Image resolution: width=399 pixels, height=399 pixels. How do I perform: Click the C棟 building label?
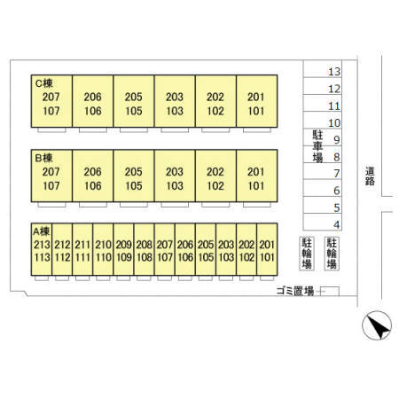tap(44, 83)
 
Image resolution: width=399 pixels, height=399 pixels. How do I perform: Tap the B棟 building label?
tap(44, 158)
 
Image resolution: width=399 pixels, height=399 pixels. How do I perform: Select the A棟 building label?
tap(42, 231)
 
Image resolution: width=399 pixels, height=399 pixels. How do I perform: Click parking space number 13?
tap(334, 72)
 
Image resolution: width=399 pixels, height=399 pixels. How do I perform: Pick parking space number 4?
tap(337, 224)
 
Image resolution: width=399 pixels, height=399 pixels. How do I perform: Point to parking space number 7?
tap(337, 174)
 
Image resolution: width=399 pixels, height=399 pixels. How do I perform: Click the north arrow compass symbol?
tap(377, 325)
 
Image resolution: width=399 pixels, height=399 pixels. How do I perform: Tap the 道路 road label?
tap(370, 176)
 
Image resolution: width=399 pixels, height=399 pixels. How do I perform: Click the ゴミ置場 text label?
tap(295, 291)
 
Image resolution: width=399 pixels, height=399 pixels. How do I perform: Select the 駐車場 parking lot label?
tap(317, 146)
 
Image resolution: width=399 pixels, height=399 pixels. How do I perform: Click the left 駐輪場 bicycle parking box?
tap(307, 254)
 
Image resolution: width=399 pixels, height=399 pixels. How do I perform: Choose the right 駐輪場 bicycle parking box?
tap(332, 254)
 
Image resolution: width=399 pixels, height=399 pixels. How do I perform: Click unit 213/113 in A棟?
tap(42, 249)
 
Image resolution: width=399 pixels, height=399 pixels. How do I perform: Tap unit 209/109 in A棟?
tap(123, 249)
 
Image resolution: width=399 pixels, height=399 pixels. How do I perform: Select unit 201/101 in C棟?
tap(257, 101)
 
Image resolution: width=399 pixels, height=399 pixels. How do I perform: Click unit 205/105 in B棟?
tap(134, 176)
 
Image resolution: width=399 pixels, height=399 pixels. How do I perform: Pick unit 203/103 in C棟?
tap(175, 101)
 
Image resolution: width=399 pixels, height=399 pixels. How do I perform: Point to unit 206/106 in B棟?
tap(93, 176)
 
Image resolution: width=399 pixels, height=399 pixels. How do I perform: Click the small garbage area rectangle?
tap(330, 291)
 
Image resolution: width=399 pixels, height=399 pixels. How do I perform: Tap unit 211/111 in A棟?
tap(82, 249)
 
